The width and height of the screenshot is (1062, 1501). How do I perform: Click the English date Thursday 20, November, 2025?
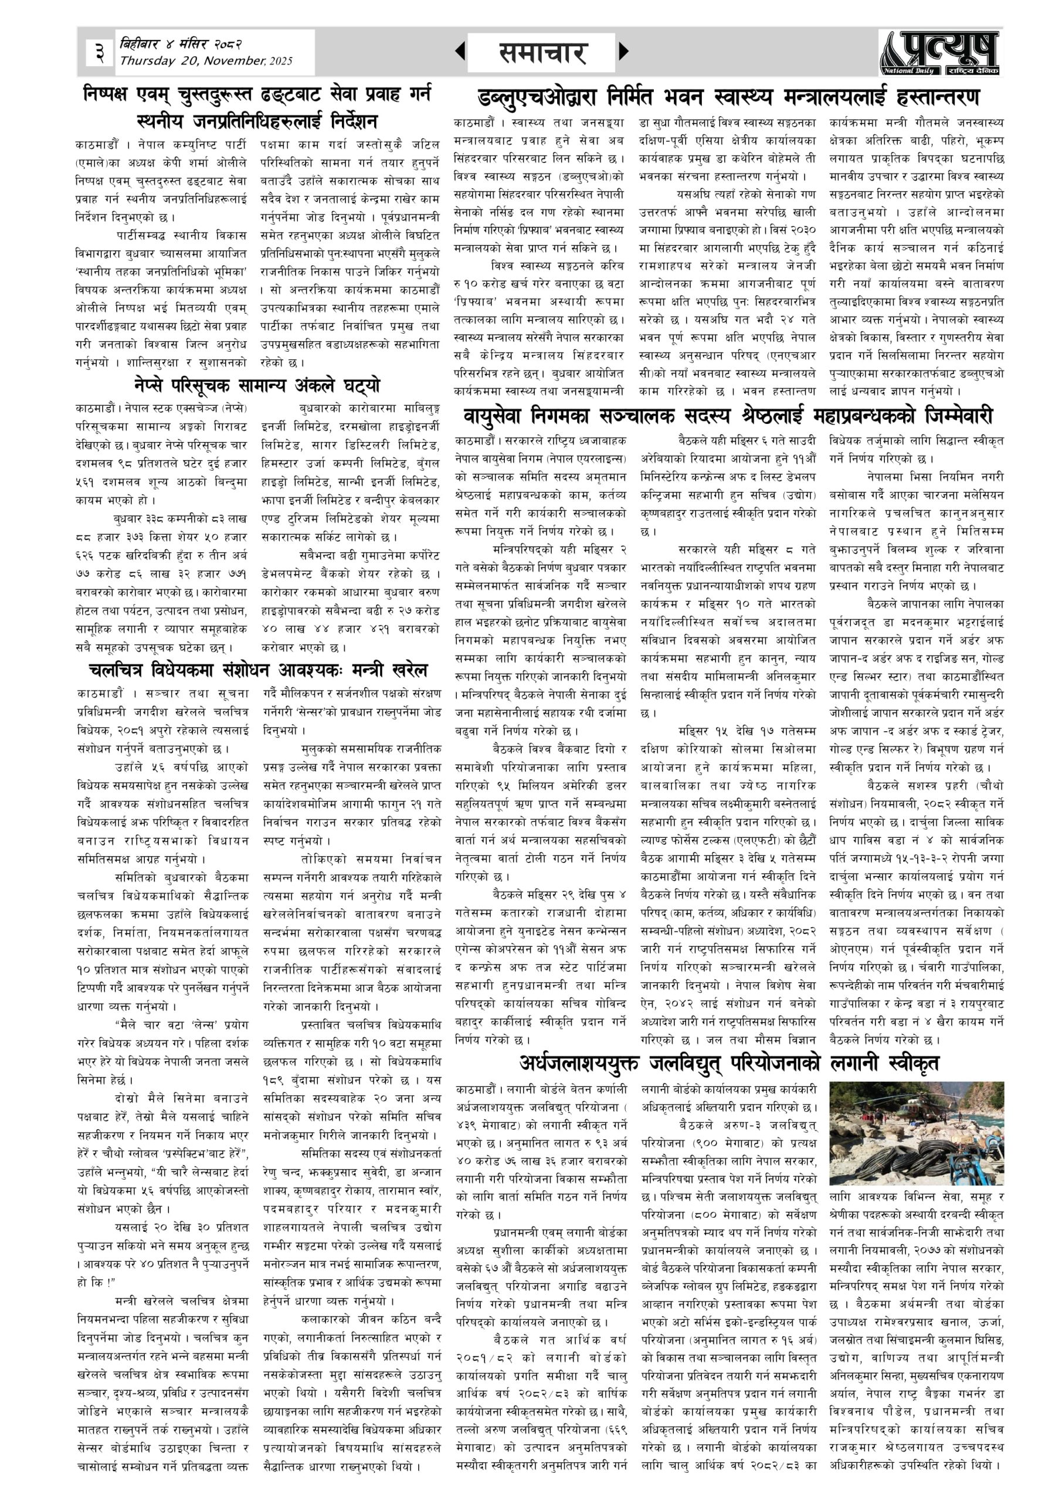click(x=205, y=62)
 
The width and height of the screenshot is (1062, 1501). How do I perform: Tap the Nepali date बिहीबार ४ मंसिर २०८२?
click(x=181, y=45)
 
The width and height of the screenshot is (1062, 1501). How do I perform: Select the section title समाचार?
click(x=542, y=52)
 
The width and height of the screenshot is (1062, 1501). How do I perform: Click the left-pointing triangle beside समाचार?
click(x=460, y=51)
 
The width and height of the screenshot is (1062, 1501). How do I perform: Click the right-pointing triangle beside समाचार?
click(x=623, y=51)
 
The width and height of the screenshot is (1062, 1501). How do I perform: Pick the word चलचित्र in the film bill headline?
click(x=117, y=670)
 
